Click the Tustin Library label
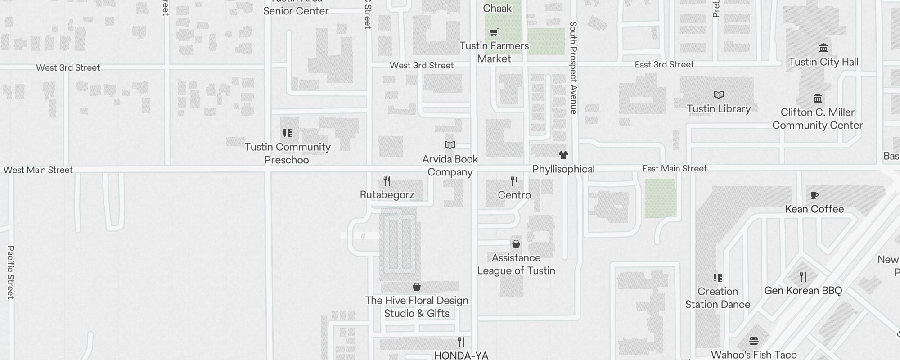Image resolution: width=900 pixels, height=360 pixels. pyautogui.click(x=719, y=109)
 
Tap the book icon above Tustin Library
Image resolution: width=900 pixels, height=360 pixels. pyautogui.click(x=719, y=94)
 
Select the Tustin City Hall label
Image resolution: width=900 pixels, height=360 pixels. pyautogui.click(x=823, y=62)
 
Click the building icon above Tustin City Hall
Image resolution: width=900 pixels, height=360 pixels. pyautogui.click(x=823, y=48)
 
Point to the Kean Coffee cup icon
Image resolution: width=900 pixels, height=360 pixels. pyautogui.click(x=814, y=195)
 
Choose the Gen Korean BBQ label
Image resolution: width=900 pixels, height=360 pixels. pyautogui.click(x=803, y=291)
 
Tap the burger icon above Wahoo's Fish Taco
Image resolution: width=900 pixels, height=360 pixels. pyautogui.click(x=754, y=341)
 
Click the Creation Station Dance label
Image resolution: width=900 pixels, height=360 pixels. pyautogui.click(x=718, y=298)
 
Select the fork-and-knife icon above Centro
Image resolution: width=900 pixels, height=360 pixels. pyautogui.click(x=514, y=181)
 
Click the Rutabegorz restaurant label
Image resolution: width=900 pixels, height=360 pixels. pyautogui.click(x=387, y=195)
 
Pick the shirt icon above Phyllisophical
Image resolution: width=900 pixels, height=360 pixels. pyautogui.click(x=563, y=155)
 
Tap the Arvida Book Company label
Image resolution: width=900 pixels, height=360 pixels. pyautogui.click(x=450, y=166)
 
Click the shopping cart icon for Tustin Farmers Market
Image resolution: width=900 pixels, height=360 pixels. pyautogui.click(x=494, y=32)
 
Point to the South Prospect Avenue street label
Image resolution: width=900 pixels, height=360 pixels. pyautogui.click(x=573, y=67)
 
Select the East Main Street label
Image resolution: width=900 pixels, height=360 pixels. pyautogui.click(x=675, y=169)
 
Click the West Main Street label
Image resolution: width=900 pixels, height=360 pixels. pyautogui.click(x=38, y=170)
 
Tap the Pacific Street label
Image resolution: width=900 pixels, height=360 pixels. pyautogui.click(x=11, y=272)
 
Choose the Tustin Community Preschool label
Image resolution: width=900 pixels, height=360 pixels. pyautogui.click(x=288, y=153)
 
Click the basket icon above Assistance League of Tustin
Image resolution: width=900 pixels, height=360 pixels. pyautogui.click(x=516, y=244)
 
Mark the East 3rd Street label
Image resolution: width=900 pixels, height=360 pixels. pyautogui.click(x=664, y=65)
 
